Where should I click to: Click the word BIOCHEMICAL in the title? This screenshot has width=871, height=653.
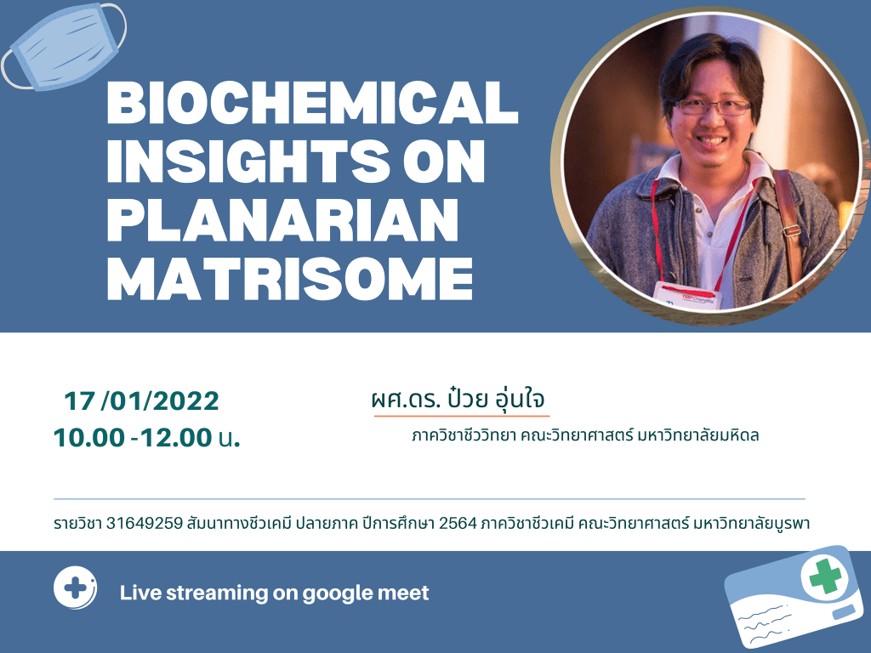pos(313,102)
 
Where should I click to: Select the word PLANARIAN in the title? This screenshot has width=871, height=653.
pos(282,219)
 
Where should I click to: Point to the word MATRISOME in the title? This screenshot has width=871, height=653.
pos(290,278)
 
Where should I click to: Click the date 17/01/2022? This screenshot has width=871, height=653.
pos(142,401)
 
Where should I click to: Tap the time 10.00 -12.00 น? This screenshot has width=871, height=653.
pos(147,438)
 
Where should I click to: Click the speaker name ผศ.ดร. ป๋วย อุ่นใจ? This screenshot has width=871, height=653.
pos(458,399)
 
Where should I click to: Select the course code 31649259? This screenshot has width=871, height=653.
pos(145,523)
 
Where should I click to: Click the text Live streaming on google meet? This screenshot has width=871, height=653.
pos(275,593)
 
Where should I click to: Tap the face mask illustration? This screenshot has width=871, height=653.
pos(64,46)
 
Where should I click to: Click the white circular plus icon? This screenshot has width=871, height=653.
pos(75,588)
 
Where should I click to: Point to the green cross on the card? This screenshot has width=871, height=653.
pos(825,576)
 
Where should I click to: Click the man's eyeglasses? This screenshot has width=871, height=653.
pos(713,107)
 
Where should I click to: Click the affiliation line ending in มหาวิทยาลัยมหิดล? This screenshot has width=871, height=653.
pos(585,435)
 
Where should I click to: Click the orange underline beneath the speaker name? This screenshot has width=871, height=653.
pos(462,415)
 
